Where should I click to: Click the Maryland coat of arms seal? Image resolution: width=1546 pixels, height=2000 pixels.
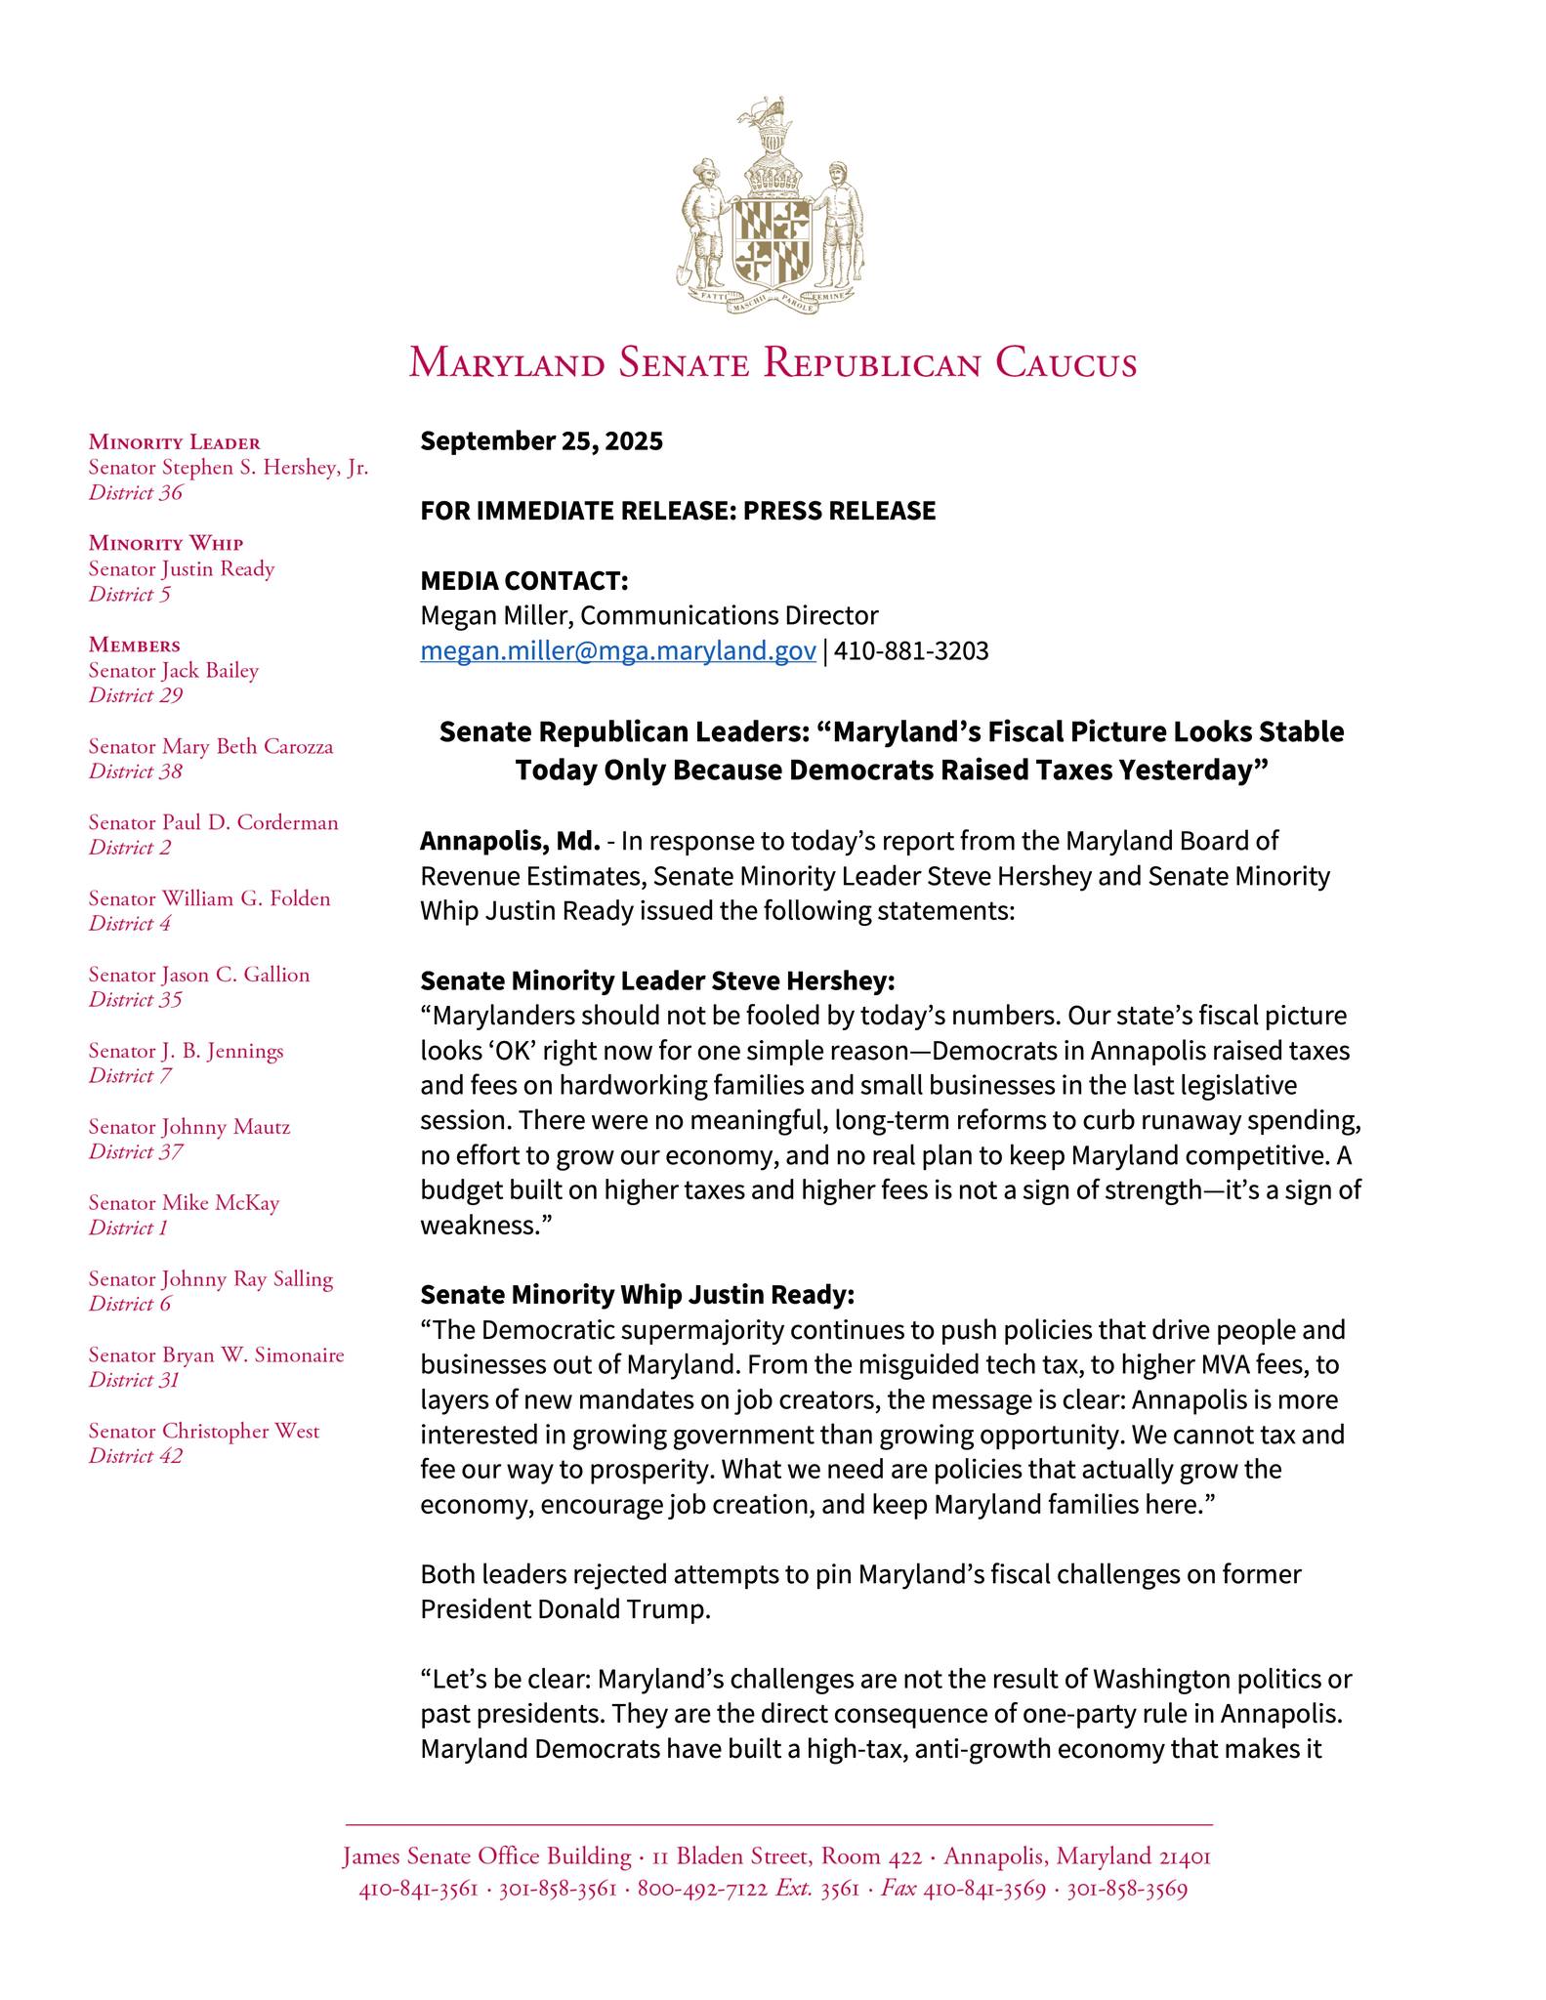click(773, 207)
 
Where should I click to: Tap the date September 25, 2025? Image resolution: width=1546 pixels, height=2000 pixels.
click(541, 441)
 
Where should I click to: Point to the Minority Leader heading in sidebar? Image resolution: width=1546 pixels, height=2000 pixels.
click(175, 442)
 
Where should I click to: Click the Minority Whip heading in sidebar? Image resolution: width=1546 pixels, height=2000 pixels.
click(166, 543)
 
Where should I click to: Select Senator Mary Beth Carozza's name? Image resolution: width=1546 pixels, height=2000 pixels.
click(211, 747)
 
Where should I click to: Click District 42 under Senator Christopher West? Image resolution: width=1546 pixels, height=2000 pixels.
click(136, 1456)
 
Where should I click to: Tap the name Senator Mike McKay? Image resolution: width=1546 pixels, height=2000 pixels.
click(184, 1203)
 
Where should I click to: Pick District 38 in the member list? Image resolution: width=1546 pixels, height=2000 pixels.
click(136, 771)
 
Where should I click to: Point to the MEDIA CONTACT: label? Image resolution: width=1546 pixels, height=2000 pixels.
click(524, 581)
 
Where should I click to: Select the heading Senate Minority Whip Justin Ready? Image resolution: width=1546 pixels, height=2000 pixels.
click(637, 1295)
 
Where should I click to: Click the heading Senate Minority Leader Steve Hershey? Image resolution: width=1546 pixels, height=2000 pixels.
click(657, 979)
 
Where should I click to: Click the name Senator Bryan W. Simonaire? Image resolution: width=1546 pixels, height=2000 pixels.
click(216, 1355)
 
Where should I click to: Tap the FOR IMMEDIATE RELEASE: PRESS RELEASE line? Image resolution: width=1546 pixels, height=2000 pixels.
click(678, 511)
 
